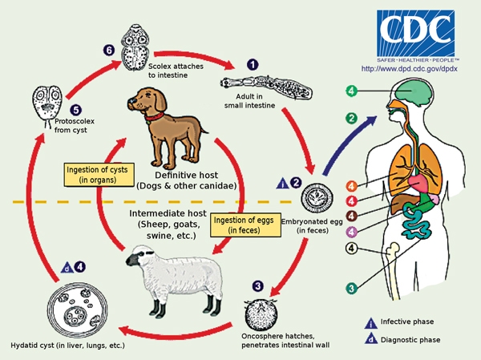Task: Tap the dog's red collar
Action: pos(154,116)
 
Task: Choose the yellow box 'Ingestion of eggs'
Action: pos(245,225)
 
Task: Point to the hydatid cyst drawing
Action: pos(77,310)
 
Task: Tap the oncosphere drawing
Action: pos(261,314)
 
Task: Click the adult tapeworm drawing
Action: pos(266,87)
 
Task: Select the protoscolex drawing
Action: pos(48,105)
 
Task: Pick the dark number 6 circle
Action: pos(109,50)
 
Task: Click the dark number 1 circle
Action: pos(253,65)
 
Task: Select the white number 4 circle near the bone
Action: pos(352,249)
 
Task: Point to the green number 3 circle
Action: pos(352,288)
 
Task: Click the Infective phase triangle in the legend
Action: pos(371,323)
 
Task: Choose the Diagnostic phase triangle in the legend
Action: pos(371,338)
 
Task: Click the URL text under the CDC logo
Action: pos(409,68)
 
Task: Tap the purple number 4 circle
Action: pos(352,232)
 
